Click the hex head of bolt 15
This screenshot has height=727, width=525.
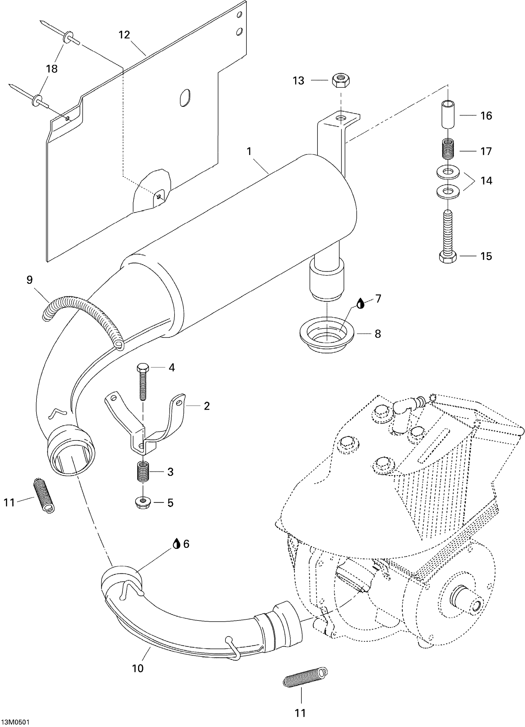[x=448, y=257]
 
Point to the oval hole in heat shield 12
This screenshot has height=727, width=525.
[x=185, y=97]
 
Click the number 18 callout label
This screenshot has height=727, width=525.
[x=52, y=69]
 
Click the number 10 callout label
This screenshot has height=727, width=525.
[x=138, y=668]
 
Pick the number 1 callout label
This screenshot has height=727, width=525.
[x=249, y=151]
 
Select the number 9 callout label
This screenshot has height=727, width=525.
[x=29, y=280]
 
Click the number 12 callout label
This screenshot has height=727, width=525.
[x=124, y=35]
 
